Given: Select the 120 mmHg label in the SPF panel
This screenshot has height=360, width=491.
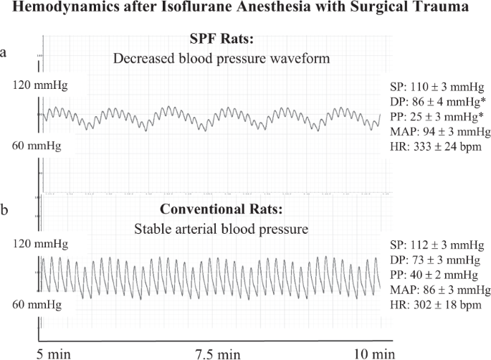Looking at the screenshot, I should point(37,85).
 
